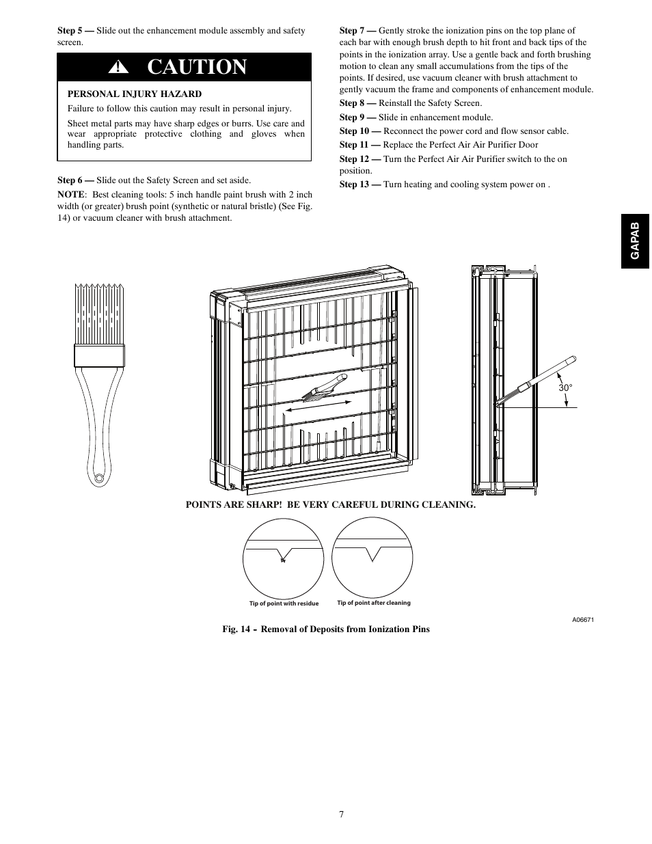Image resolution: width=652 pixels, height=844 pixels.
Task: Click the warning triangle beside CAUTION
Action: (121, 67)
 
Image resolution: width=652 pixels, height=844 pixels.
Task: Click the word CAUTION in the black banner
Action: (197, 67)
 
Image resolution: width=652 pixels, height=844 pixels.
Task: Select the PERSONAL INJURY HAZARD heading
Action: (134, 94)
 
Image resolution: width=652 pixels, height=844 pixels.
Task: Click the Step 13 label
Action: (359, 185)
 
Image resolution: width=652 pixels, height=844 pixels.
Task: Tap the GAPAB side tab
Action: (636, 241)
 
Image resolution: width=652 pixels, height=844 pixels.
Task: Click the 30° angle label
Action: (565, 387)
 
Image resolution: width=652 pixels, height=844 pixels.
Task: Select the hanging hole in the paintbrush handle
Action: (100, 478)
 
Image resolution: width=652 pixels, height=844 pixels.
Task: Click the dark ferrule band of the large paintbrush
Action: (100, 355)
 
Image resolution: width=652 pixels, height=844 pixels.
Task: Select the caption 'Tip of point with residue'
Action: (284, 603)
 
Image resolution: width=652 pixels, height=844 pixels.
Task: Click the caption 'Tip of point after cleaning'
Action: (374, 603)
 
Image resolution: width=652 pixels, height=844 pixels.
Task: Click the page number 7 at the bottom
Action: (341, 814)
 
